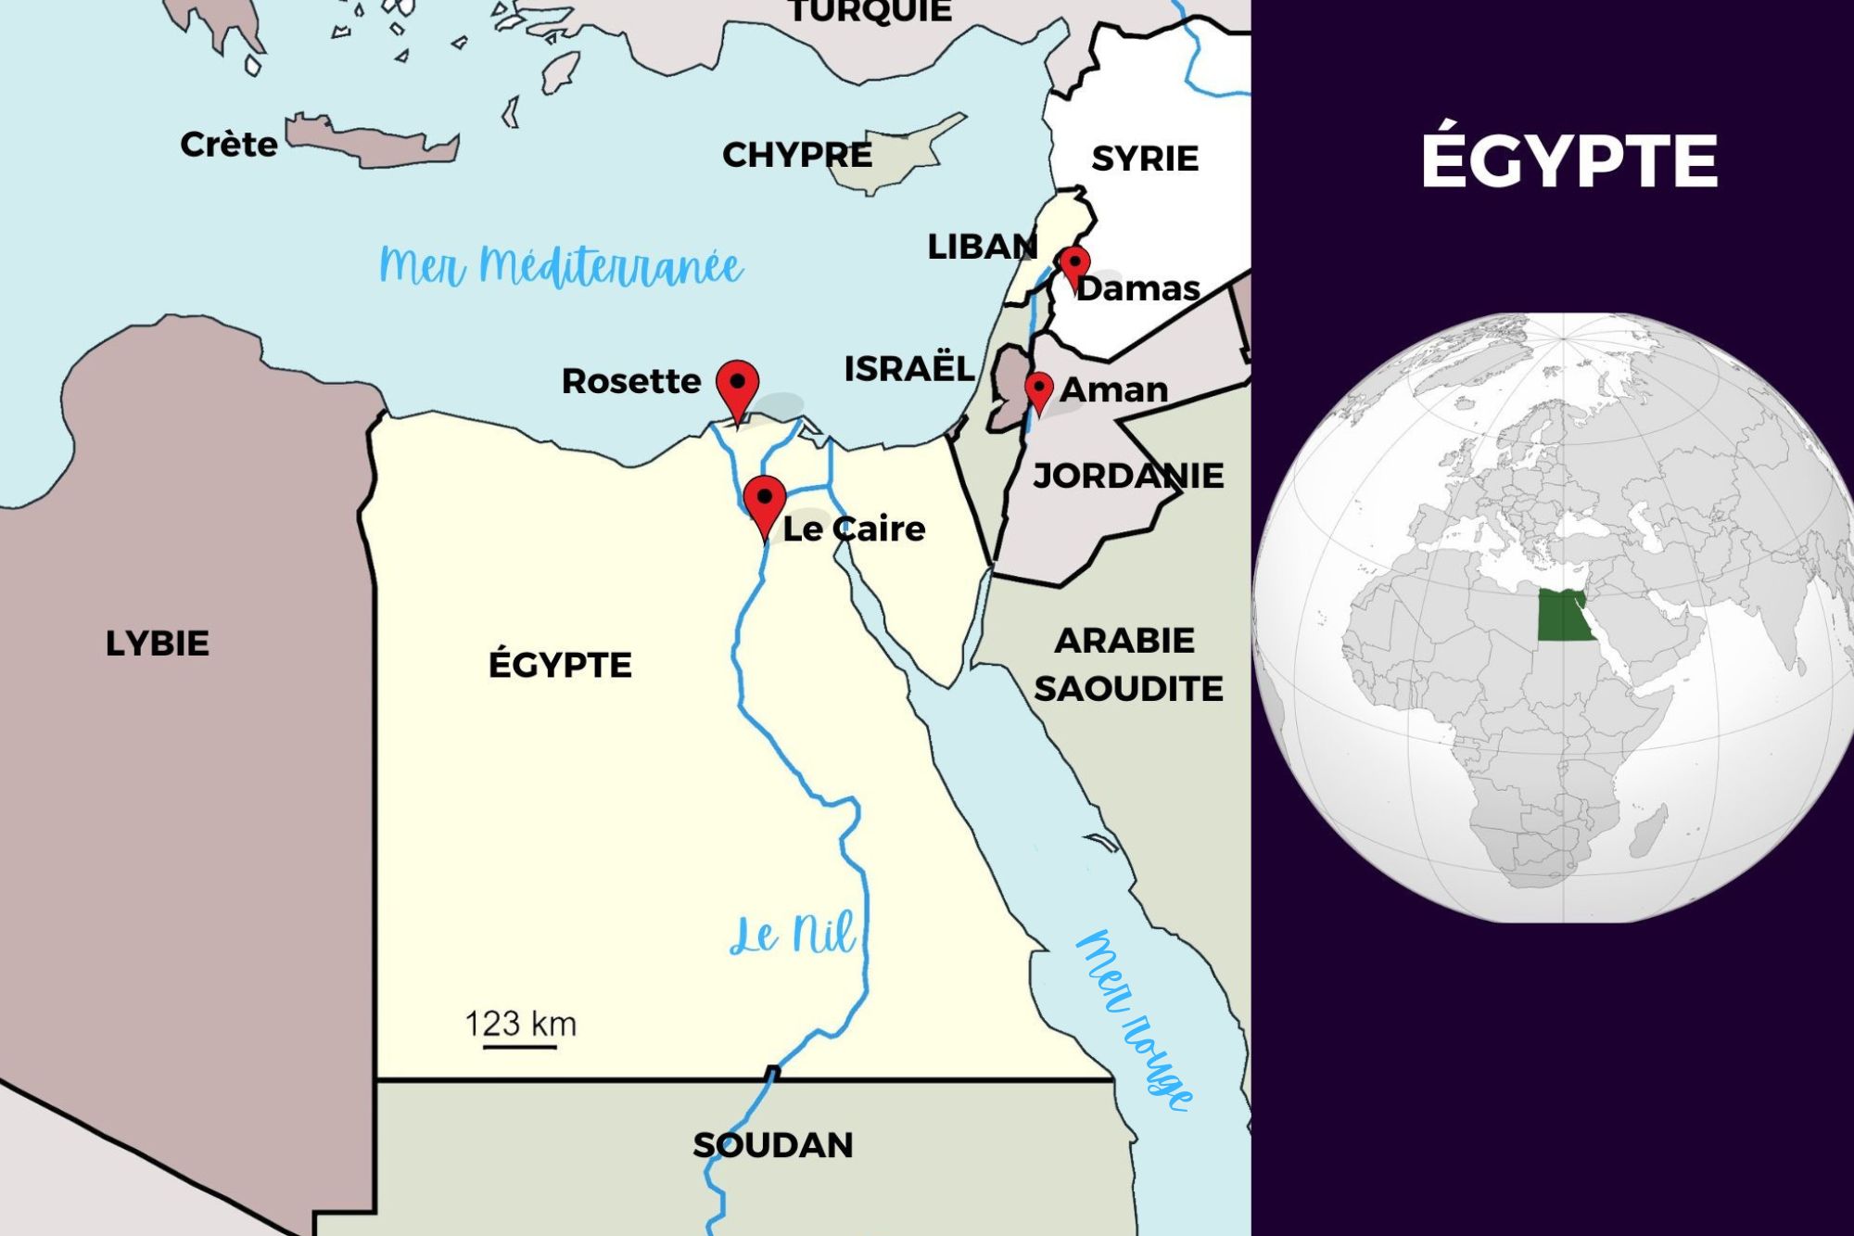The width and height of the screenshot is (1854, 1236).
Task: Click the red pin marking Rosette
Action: click(x=737, y=386)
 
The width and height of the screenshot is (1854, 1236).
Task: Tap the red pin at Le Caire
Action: click(x=765, y=502)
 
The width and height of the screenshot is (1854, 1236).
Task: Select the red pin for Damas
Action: click(x=1074, y=264)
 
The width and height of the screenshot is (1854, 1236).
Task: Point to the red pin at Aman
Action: click(x=1038, y=389)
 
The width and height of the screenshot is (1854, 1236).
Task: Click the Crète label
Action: click(x=228, y=145)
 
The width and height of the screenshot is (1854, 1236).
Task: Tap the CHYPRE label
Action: click(x=797, y=155)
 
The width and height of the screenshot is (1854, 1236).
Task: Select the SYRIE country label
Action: click(x=1145, y=159)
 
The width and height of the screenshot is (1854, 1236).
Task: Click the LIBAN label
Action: click(x=982, y=247)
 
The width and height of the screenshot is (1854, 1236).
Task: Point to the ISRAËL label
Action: click(x=908, y=368)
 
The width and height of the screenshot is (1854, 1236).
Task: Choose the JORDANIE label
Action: click(x=1128, y=476)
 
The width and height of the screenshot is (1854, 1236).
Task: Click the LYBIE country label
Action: click(x=158, y=643)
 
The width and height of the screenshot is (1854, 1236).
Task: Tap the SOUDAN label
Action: click(x=773, y=1145)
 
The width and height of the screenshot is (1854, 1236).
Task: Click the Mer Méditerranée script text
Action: click(x=561, y=266)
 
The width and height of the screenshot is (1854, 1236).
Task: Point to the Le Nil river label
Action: click(x=793, y=934)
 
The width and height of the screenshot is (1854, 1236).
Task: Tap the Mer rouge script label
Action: click(x=1136, y=1020)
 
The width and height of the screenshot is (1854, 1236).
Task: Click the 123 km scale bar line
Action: click(x=520, y=1048)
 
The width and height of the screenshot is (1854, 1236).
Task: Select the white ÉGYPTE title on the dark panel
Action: click(x=1568, y=160)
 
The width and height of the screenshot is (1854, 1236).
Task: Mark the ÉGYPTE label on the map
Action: click(x=560, y=665)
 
